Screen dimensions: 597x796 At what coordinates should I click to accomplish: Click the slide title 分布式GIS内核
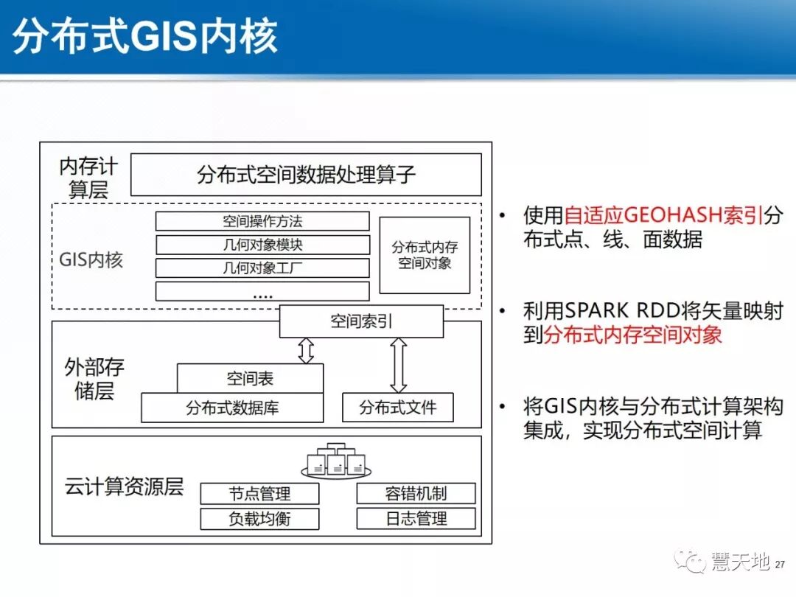point(145,36)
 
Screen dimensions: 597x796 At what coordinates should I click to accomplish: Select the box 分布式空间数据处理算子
point(306,175)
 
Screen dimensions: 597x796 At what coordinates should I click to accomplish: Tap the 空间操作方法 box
point(262,221)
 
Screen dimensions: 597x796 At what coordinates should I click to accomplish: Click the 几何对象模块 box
point(262,245)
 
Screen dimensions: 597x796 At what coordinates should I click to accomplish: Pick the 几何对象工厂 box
point(262,268)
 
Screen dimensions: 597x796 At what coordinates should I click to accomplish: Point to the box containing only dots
point(262,291)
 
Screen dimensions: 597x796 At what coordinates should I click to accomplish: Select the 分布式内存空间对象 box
point(425,255)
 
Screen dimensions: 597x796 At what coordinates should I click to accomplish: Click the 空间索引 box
point(361,322)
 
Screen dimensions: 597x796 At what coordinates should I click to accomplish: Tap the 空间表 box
point(250,379)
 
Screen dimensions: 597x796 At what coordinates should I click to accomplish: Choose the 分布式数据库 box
point(232,408)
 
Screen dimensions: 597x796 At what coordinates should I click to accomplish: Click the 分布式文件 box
point(398,408)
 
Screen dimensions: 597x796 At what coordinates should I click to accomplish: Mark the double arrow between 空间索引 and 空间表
point(306,351)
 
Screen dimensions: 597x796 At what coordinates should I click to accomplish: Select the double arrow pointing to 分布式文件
point(398,365)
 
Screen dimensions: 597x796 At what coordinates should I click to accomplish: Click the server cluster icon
point(336,461)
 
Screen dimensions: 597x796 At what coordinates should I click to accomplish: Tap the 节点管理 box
point(259,494)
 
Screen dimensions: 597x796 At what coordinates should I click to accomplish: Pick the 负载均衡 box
point(259,519)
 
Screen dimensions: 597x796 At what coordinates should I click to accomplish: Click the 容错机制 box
point(416,494)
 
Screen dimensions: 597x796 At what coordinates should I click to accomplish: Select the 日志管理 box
point(416,519)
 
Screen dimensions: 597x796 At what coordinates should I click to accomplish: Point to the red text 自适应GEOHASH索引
point(664,215)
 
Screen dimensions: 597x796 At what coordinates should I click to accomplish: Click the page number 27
point(781,565)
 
